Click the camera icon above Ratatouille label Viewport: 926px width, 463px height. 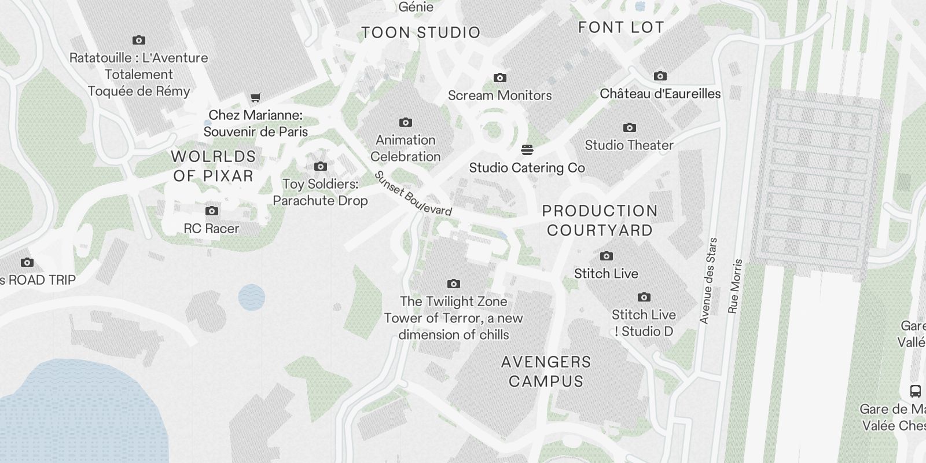pos(138,40)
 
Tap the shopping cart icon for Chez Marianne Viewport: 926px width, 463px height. pos(255,97)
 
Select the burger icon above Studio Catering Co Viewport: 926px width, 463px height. pos(527,150)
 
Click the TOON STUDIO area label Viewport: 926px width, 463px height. pos(421,32)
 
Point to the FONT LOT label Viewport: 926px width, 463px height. pos(620,27)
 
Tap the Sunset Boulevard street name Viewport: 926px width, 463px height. pos(413,194)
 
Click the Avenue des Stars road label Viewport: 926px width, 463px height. pos(708,281)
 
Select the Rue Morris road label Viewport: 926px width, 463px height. pos(735,286)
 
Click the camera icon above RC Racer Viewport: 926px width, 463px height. pos(212,211)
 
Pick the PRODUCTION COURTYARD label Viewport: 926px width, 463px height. pos(600,221)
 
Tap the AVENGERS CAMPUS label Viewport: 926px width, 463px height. pos(546,372)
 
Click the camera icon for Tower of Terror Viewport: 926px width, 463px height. pos(454,284)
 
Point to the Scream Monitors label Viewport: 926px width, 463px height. pos(499,95)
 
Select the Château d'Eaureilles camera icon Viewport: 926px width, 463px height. pos(660,76)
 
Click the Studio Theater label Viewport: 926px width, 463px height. pos(629,145)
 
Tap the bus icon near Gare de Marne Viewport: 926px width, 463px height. pos(915,391)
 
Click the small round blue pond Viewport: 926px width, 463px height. pos(251,297)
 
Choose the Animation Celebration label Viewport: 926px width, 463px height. pos(405,148)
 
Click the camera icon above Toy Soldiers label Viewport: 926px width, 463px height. pos(320,167)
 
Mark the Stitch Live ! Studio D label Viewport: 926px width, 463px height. pos(644,323)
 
